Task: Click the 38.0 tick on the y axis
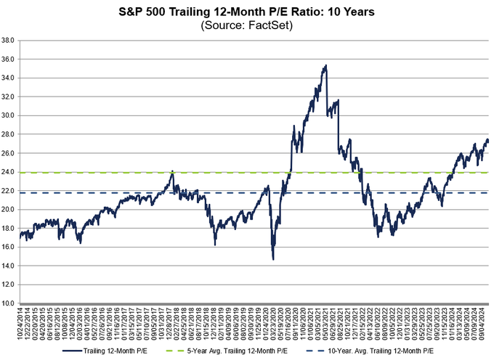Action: (x=9, y=41)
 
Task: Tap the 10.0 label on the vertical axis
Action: (x=9, y=303)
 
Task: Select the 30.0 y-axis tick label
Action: (x=9, y=115)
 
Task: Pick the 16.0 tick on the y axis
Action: (x=9, y=247)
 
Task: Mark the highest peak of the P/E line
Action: (x=325, y=65)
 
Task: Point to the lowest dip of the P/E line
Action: (x=272, y=259)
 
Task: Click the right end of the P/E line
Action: (x=489, y=141)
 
